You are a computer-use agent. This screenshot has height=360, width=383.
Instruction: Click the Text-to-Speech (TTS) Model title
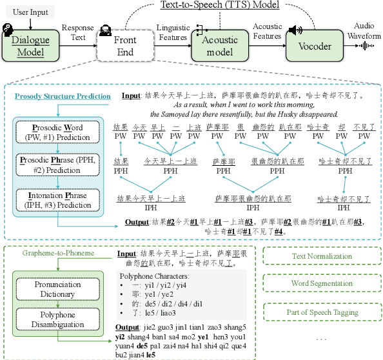click(219, 6)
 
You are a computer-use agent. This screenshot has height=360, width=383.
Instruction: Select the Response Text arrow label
click(78, 33)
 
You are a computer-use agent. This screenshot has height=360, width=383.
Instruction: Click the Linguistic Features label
click(172, 33)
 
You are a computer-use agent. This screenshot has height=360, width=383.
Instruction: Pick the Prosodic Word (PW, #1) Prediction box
click(59, 132)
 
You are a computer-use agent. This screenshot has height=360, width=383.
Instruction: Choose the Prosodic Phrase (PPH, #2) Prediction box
click(59, 163)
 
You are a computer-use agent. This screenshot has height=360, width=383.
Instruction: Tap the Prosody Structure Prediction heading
click(63, 96)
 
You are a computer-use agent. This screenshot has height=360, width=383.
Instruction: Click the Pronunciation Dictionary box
click(58, 289)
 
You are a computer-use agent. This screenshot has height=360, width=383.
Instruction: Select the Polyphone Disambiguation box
click(58, 320)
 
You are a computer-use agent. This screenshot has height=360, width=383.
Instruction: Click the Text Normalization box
click(322, 256)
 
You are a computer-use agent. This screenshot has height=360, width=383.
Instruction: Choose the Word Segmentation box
click(322, 284)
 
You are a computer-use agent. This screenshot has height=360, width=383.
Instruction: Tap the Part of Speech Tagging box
click(322, 312)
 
